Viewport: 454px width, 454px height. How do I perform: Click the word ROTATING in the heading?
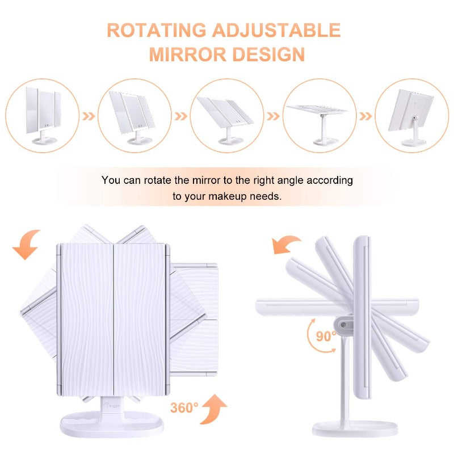point(157,30)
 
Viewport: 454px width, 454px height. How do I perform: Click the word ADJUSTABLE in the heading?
point(276,30)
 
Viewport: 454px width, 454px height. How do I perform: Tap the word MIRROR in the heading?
point(188,54)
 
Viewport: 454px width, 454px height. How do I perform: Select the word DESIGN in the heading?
point(268,54)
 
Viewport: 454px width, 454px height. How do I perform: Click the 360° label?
point(184,408)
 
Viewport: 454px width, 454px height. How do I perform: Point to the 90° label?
point(326,337)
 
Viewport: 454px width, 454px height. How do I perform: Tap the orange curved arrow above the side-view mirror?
point(286,244)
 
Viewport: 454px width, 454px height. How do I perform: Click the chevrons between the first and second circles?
point(89,116)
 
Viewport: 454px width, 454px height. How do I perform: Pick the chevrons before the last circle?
point(365,116)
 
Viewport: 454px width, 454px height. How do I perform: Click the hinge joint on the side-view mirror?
point(344,325)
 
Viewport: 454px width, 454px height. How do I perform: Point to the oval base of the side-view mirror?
point(355,428)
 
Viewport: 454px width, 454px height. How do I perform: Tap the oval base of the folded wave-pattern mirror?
point(112,424)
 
